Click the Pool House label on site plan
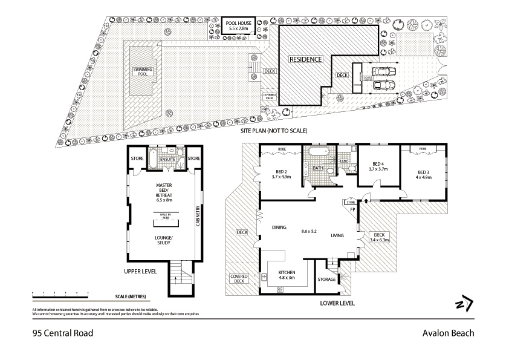click(x=238, y=25)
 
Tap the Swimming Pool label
click(x=143, y=72)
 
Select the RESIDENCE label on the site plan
click(x=305, y=59)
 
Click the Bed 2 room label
click(x=282, y=174)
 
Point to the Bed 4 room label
click(x=378, y=166)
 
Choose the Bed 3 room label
click(x=423, y=175)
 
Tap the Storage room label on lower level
click(x=327, y=279)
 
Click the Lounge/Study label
click(x=164, y=240)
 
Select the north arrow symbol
click(x=464, y=303)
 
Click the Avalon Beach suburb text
click(x=448, y=332)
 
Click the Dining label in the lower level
click(x=279, y=227)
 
